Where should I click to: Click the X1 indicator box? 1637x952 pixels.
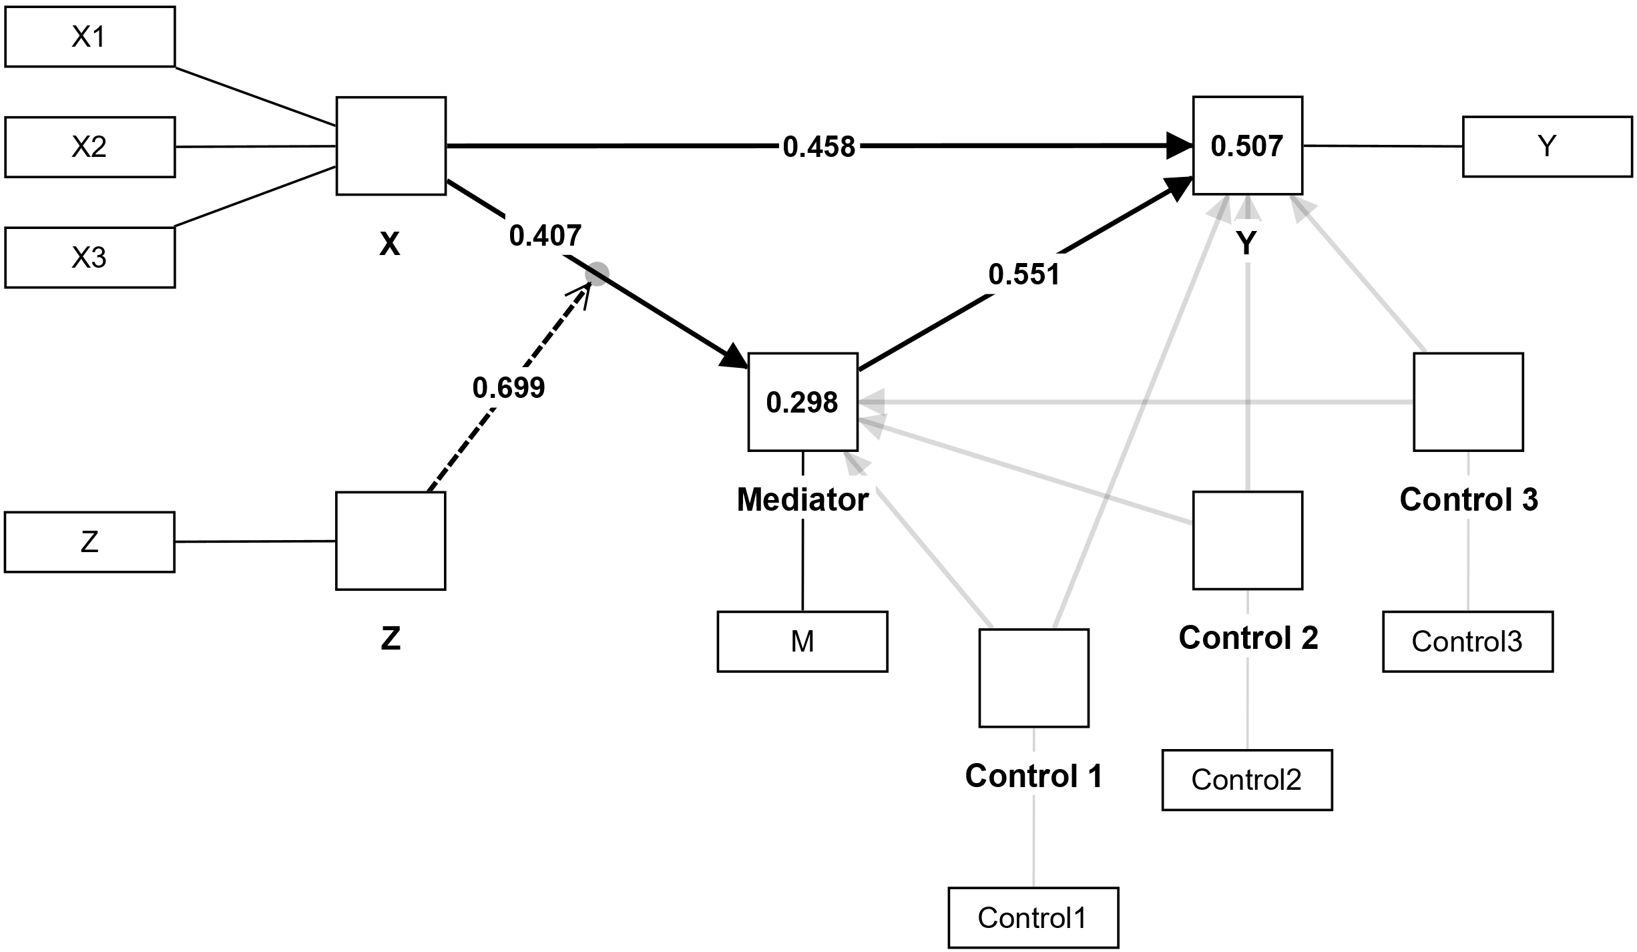tap(89, 37)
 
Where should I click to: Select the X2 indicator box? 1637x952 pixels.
tap(89, 147)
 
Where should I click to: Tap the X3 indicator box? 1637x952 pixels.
tap(89, 258)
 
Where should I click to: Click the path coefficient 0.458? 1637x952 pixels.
tap(818, 147)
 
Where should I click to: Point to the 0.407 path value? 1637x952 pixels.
tap(545, 236)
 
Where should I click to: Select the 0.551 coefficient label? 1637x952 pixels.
tap(1023, 274)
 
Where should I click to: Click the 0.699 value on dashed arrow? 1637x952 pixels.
tap(509, 388)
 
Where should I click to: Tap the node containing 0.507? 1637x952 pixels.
tap(1247, 146)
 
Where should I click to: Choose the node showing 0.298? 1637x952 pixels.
tap(802, 402)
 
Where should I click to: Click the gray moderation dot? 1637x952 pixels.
tap(597, 274)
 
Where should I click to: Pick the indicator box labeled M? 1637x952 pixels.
tap(802, 642)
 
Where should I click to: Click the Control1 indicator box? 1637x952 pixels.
tap(1033, 918)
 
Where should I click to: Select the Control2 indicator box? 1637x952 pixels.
tap(1246, 780)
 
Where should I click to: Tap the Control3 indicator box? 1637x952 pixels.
tap(1467, 642)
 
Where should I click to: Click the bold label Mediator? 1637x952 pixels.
tap(802, 500)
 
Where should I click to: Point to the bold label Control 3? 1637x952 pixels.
tap(1469, 500)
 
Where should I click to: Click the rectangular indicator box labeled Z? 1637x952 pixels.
tap(89, 542)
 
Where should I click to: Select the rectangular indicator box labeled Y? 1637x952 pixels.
tap(1547, 147)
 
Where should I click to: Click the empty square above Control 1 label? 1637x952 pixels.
tap(1033, 678)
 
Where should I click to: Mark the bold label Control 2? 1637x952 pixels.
tap(1248, 638)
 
